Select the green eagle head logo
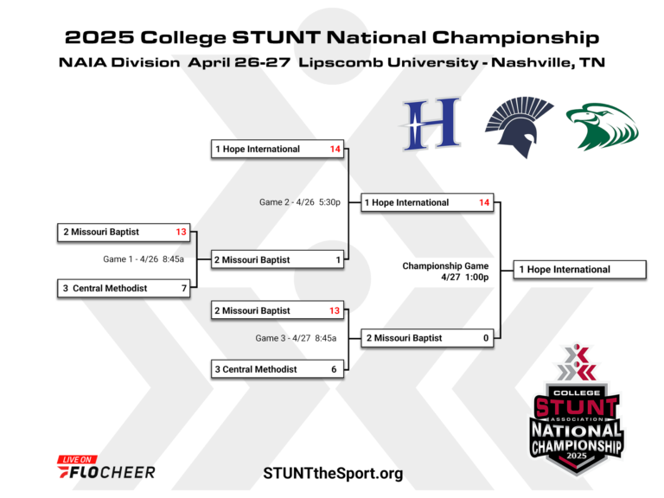tap(602, 126)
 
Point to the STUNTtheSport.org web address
tap(333, 473)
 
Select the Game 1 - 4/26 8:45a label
tap(143, 259)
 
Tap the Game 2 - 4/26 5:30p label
tap(299, 201)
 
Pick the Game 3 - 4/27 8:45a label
tap(296, 338)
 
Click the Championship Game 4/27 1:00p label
tap(445, 271)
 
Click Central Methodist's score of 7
tap(184, 288)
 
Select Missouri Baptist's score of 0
tap(486, 338)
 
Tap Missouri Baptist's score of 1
tap(338, 259)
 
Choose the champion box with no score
tap(579, 270)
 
